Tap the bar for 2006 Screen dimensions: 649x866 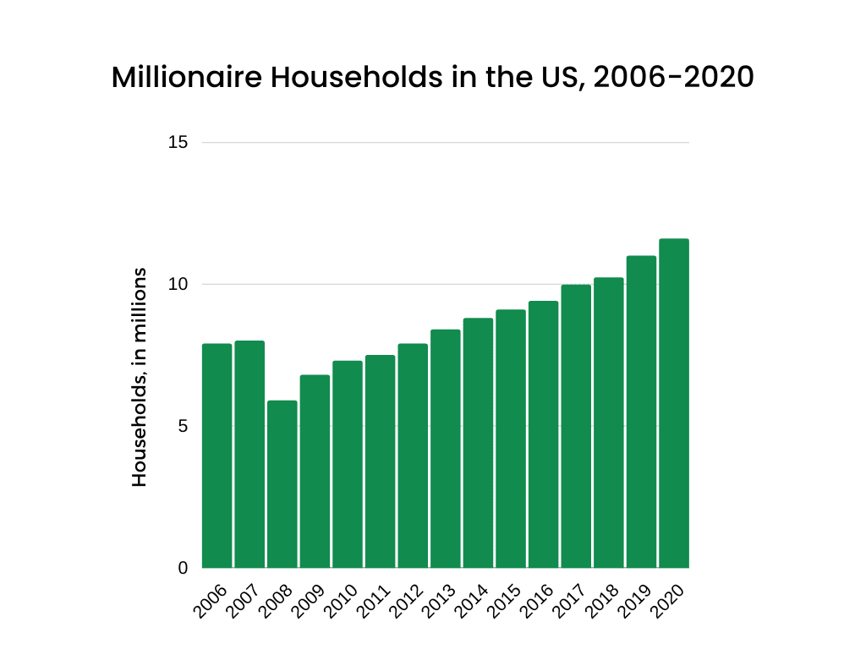point(216,455)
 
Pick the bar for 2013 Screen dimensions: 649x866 point(446,449)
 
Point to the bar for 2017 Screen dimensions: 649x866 point(576,426)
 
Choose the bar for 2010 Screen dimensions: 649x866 point(348,464)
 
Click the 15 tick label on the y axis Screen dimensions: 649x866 point(178,142)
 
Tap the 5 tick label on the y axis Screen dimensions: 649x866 point(182,426)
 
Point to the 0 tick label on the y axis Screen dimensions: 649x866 point(182,568)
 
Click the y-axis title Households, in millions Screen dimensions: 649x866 point(140,377)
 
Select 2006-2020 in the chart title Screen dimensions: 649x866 point(673,78)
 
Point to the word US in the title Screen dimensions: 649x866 point(562,78)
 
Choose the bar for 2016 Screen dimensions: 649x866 point(543,434)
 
